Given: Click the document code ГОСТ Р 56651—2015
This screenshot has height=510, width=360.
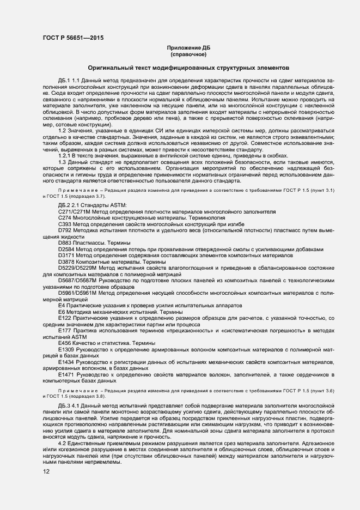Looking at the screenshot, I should click(72, 38).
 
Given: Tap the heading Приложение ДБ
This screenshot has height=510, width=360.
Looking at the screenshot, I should click(188, 48).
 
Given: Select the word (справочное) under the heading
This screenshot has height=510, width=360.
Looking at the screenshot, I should click(188, 54).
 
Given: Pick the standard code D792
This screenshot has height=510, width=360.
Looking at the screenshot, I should click(65, 230).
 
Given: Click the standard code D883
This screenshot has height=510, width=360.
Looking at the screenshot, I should click(65, 242).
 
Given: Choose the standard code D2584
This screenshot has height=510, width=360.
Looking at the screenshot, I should click(67, 249).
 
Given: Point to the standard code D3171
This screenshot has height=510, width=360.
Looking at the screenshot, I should click(67, 255).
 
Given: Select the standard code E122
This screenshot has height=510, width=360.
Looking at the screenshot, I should click(65, 317).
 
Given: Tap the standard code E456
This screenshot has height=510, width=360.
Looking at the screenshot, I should click(65, 342).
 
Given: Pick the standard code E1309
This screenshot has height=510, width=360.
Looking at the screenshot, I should click(66, 348).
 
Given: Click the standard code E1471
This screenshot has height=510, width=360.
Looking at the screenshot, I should click(66, 375).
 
